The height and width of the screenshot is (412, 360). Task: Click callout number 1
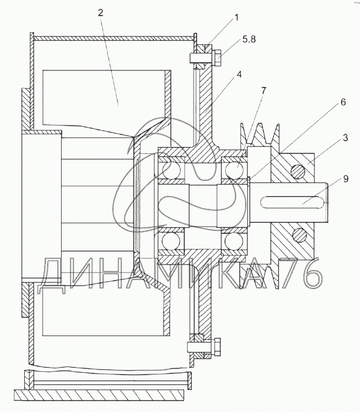(x=236, y=18)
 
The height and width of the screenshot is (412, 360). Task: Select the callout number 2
(x=101, y=13)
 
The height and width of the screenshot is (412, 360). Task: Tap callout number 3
(x=345, y=137)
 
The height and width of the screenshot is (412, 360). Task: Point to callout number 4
(x=238, y=75)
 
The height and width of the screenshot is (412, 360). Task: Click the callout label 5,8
(x=249, y=39)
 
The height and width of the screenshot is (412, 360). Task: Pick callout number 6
(x=343, y=102)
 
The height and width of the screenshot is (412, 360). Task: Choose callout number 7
(x=263, y=90)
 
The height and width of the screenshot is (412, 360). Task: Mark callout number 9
(x=346, y=179)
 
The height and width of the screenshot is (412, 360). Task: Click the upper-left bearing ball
(x=172, y=170)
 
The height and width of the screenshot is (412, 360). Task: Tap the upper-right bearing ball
(x=234, y=170)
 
